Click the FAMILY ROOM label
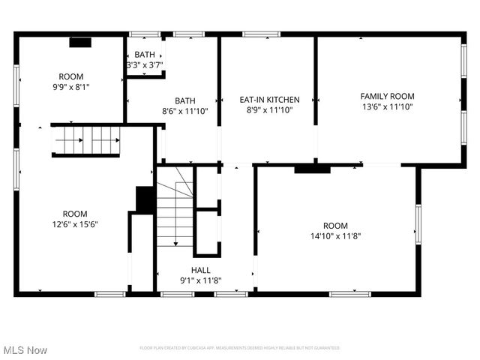click(387, 96)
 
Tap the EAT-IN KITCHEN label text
click(269, 100)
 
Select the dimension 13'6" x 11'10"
click(387, 107)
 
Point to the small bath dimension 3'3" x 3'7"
click(145, 65)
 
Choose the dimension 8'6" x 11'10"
click(185, 111)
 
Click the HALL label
click(201, 270)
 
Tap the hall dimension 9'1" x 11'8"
click(201, 281)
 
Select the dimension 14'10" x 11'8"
click(335, 237)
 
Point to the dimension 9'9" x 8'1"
click(71, 87)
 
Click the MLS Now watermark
click(25, 350)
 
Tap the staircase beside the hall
click(175, 206)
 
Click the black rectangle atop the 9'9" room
click(80, 43)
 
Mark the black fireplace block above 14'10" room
click(312, 169)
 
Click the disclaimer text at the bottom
click(240, 348)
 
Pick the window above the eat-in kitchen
click(261, 34)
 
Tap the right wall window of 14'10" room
click(418, 225)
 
